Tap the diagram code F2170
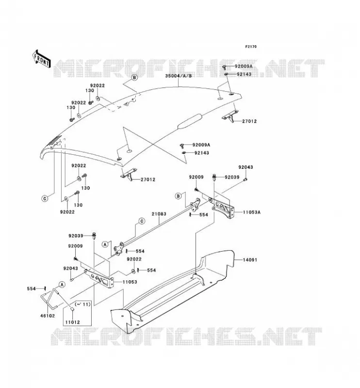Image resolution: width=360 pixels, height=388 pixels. (x=251, y=47)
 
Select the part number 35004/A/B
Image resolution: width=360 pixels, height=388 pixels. (x=179, y=76)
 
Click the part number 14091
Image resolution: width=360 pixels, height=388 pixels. (x=249, y=260)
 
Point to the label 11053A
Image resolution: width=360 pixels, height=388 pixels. (x=251, y=212)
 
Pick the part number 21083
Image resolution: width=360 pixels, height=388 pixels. (x=159, y=214)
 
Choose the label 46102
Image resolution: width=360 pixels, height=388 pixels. (x=48, y=316)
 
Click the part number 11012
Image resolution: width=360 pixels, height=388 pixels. (x=73, y=322)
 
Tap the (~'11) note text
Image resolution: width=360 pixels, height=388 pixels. (x=82, y=304)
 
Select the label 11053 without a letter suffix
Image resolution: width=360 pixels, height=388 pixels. (x=130, y=282)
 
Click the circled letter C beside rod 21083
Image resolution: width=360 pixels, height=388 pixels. (x=142, y=221)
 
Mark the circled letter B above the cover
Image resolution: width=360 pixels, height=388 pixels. (x=134, y=78)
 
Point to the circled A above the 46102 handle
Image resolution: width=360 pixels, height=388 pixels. (x=62, y=285)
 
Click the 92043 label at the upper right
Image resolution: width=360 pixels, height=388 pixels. (x=245, y=167)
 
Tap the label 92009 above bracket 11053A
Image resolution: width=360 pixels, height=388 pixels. (x=196, y=177)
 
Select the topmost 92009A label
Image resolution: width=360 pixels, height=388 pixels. (x=244, y=66)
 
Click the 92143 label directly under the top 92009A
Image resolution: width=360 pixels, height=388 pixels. (x=244, y=74)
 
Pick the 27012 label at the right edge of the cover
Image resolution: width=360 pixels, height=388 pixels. (x=249, y=121)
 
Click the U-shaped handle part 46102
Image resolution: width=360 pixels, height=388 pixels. (x=50, y=299)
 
